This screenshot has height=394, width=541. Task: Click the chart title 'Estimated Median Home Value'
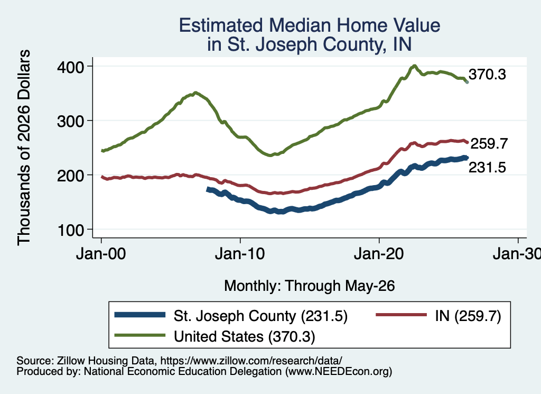click(310, 25)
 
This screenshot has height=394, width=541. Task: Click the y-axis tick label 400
click(70, 67)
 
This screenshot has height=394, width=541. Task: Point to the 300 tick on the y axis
click(70, 121)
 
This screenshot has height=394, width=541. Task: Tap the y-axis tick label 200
click(70, 176)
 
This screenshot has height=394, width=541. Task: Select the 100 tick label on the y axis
click(71, 230)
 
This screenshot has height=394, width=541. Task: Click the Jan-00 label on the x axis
click(101, 254)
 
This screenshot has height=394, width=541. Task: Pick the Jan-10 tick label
click(240, 254)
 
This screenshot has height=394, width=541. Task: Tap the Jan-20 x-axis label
click(379, 254)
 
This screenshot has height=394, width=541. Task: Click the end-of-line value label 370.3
click(487, 74)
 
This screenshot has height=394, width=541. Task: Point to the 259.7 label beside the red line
click(489, 144)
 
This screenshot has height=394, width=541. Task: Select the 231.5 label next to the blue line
click(487, 168)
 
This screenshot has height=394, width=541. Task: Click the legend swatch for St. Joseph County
click(140, 315)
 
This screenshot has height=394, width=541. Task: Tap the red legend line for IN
click(402, 315)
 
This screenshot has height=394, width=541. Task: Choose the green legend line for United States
click(140, 335)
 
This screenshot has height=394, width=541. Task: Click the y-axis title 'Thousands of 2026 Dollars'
click(24, 148)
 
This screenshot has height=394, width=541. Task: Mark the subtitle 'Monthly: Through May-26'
click(310, 286)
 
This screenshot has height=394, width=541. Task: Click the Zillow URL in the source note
click(251, 361)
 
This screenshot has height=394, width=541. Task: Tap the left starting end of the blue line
click(208, 189)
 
